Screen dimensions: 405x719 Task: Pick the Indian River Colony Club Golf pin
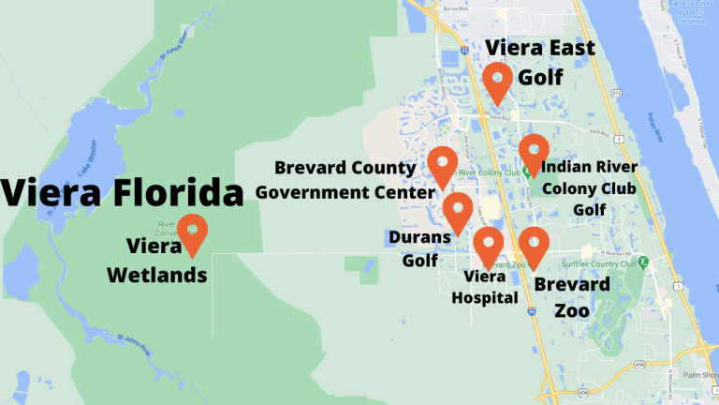click(534, 153)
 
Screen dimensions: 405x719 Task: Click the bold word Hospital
click(485, 298)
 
